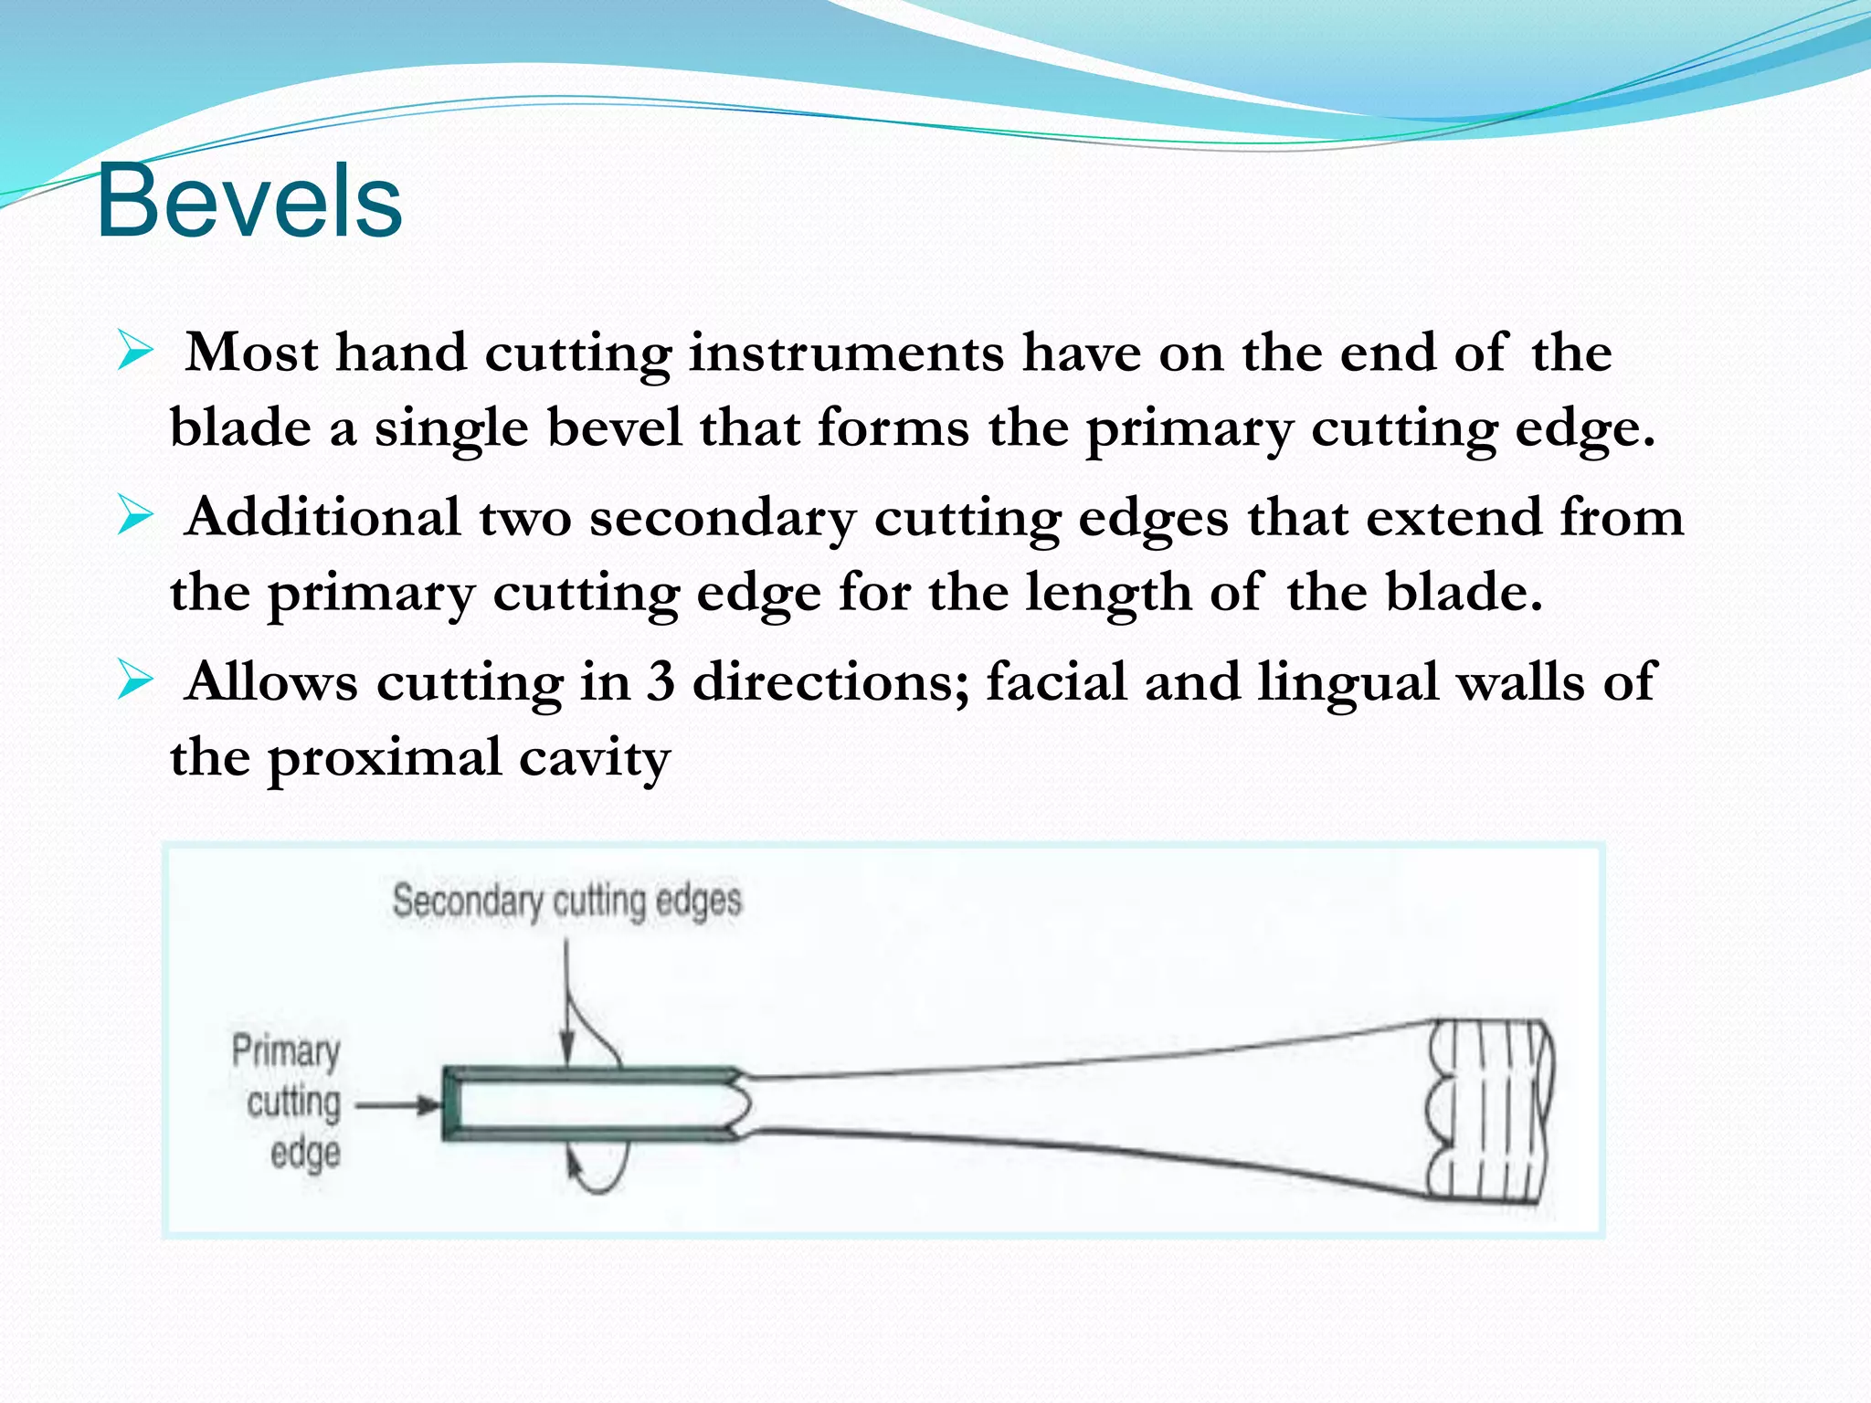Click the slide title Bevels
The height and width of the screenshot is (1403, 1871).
[x=248, y=202]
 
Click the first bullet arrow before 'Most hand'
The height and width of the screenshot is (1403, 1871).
[x=135, y=353]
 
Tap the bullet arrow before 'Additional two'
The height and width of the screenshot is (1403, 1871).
[x=135, y=517]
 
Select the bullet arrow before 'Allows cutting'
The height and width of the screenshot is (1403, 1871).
[x=135, y=681]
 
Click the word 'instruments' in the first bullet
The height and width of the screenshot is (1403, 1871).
[x=846, y=354]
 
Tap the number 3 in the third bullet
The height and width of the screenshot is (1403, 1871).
[x=661, y=682]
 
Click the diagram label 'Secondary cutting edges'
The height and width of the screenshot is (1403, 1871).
[x=566, y=902]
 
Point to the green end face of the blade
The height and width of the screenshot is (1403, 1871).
[x=450, y=1104]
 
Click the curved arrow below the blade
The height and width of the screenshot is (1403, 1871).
[x=598, y=1174]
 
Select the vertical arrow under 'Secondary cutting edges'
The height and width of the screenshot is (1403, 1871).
[x=566, y=1005]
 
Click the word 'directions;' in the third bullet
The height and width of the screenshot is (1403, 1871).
[x=830, y=682]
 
